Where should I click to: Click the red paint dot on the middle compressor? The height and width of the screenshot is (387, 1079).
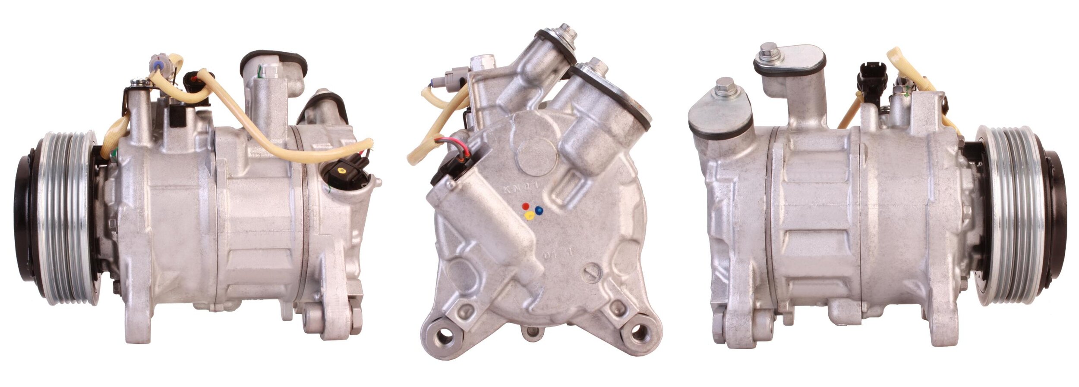[525, 206]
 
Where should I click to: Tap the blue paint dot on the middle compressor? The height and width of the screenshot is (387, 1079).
[539, 210]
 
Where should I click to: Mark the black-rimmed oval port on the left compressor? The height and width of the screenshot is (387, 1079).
[273, 65]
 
